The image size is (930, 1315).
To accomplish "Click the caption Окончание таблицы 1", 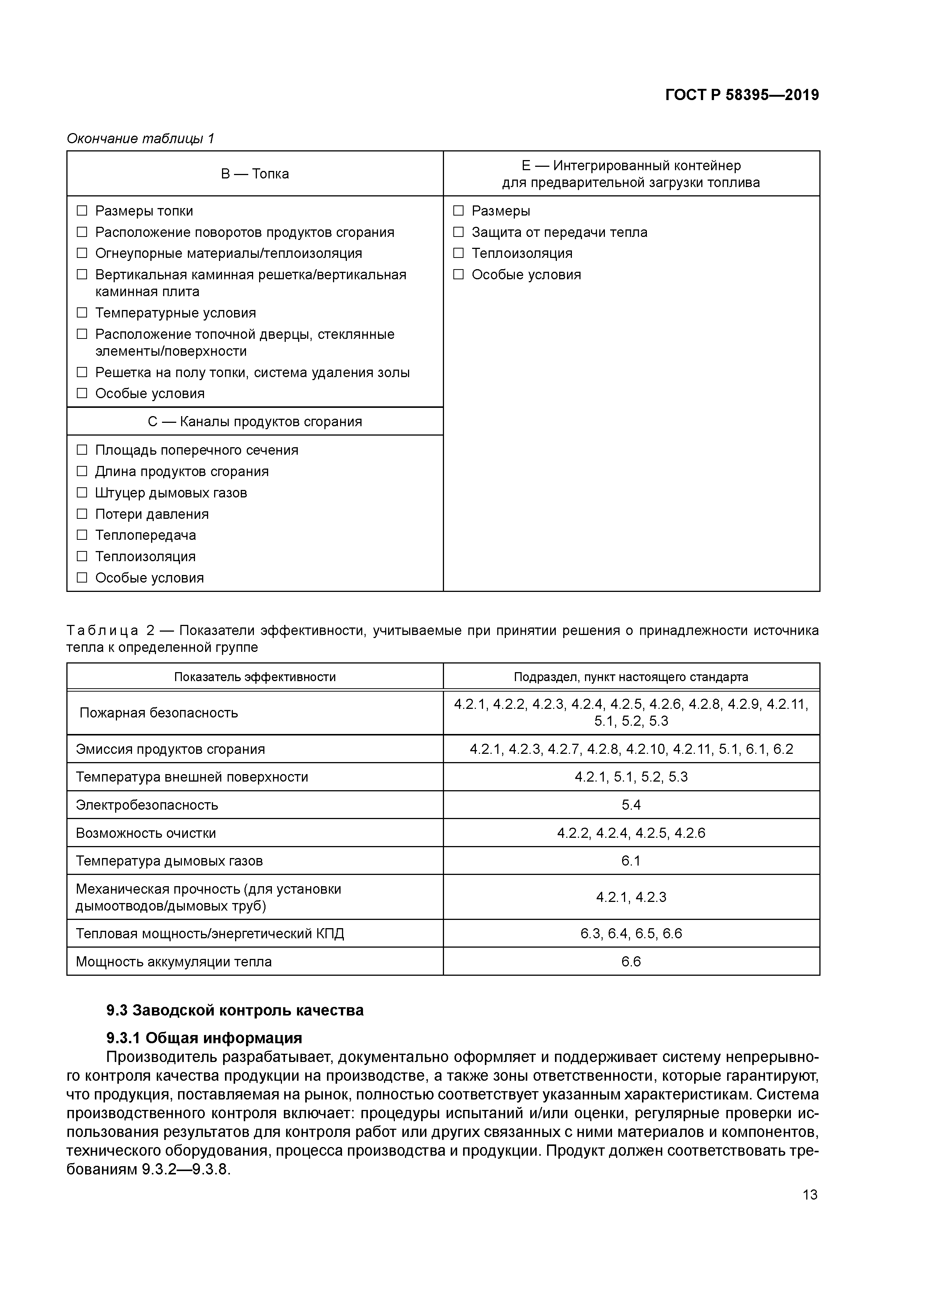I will pyautogui.click(x=140, y=139).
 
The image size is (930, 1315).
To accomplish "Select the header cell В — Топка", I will pyautogui.click(x=255, y=174).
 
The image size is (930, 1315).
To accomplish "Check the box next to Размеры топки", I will pyautogui.click(x=82, y=211).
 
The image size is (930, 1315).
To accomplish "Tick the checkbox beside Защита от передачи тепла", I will pyautogui.click(x=458, y=232).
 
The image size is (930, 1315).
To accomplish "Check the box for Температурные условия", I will pyautogui.click(x=82, y=313).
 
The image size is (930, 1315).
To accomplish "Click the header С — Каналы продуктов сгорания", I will pyautogui.click(x=255, y=422).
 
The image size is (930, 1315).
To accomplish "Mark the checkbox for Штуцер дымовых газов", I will pyautogui.click(x=82, y=493).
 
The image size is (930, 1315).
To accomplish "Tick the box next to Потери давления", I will pyautogui.click(x=82, y=514).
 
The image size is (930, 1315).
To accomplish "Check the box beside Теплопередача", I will pyautogui.click(x=82, y=535).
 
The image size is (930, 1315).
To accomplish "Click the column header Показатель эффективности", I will pyautogui.click(x=255, y=677).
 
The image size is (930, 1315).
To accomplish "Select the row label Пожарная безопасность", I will pyautogui.click(x=159, y=713).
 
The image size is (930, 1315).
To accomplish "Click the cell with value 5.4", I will pyautogui.click(x=631, y=805).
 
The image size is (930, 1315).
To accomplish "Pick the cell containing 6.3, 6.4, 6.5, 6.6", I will pyautogui.click(x=631, y=933).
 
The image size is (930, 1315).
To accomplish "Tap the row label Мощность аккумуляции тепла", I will pyautogui.click(x=174, y=962).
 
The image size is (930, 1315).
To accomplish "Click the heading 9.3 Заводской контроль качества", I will pyautogui.click(x=235, y=1010).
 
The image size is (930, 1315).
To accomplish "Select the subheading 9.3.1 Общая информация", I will pyautogui.click(x=204, y=1038).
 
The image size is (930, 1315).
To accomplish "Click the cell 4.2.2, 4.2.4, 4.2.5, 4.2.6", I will pyautogui.click(x=631, y=833).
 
